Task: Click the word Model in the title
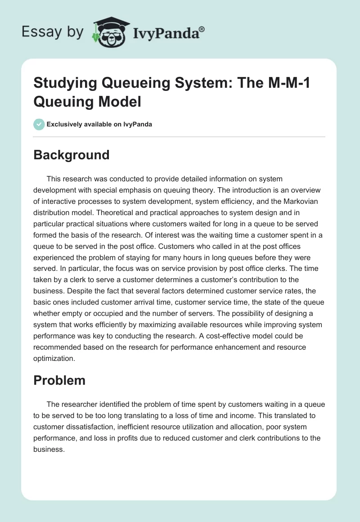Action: pos(121,102)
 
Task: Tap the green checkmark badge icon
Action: pos(39,124)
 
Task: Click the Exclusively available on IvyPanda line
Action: pos(99,124)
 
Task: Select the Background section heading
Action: pos(72,155)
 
